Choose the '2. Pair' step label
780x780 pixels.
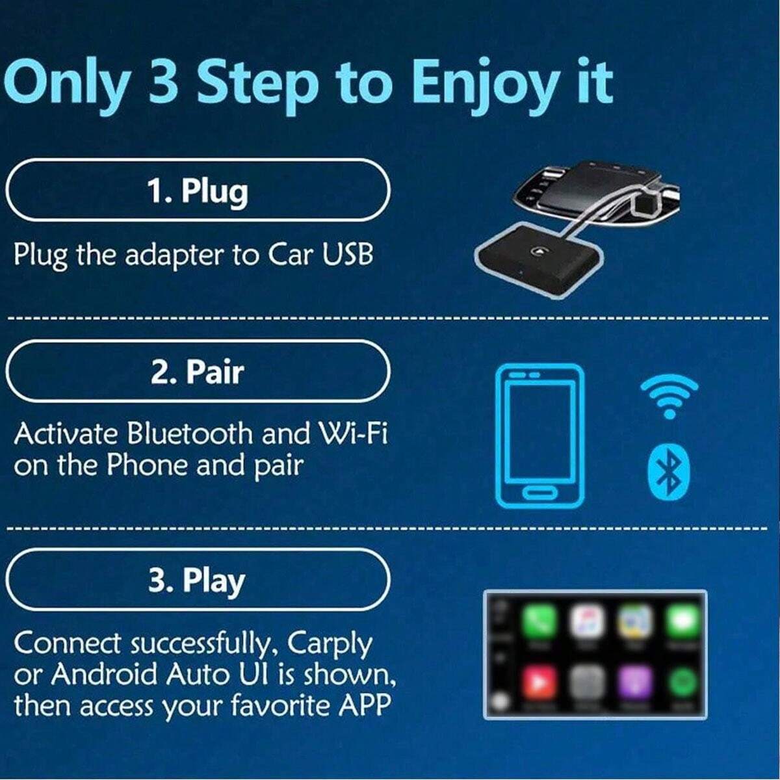tap(198, 371)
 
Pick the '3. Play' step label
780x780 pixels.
tap(197, 582)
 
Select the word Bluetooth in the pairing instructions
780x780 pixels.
tap(190, 434)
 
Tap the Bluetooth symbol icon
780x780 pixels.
tap(669, 472)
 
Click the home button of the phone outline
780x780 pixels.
tap(539, 493)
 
